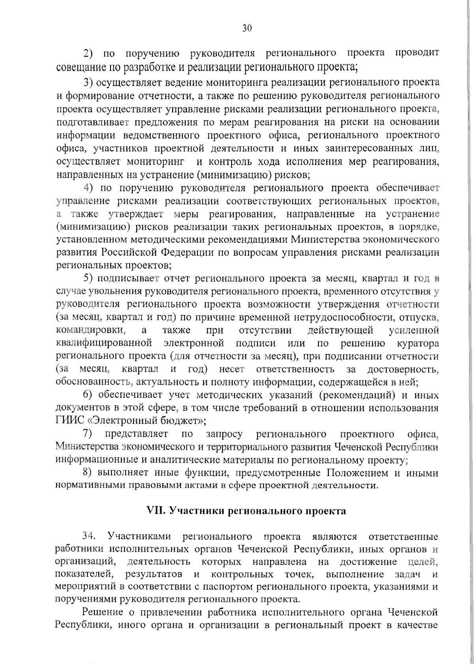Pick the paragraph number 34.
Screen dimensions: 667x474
pos(89,537)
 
